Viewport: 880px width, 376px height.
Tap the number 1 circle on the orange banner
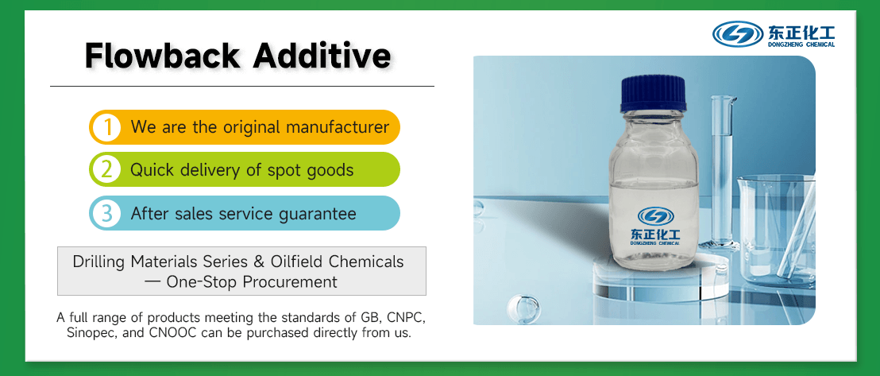106,127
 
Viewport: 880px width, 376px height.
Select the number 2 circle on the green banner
106,170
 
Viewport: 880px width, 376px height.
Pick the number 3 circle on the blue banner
106,213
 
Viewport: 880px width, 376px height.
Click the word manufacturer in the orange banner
337,126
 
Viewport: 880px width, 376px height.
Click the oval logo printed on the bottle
655,215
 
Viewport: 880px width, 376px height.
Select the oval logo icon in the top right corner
738,34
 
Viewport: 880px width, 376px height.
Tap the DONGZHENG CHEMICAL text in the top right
801,45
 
